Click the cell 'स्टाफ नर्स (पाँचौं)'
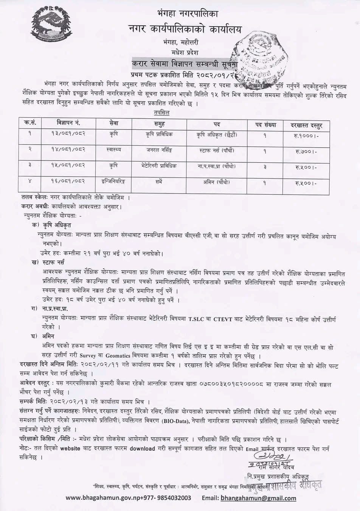(217, 151)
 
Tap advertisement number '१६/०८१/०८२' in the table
(68, 182)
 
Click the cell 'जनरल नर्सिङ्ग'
(159, 151)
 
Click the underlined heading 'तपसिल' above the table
(162, 113)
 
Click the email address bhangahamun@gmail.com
(258, 498)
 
